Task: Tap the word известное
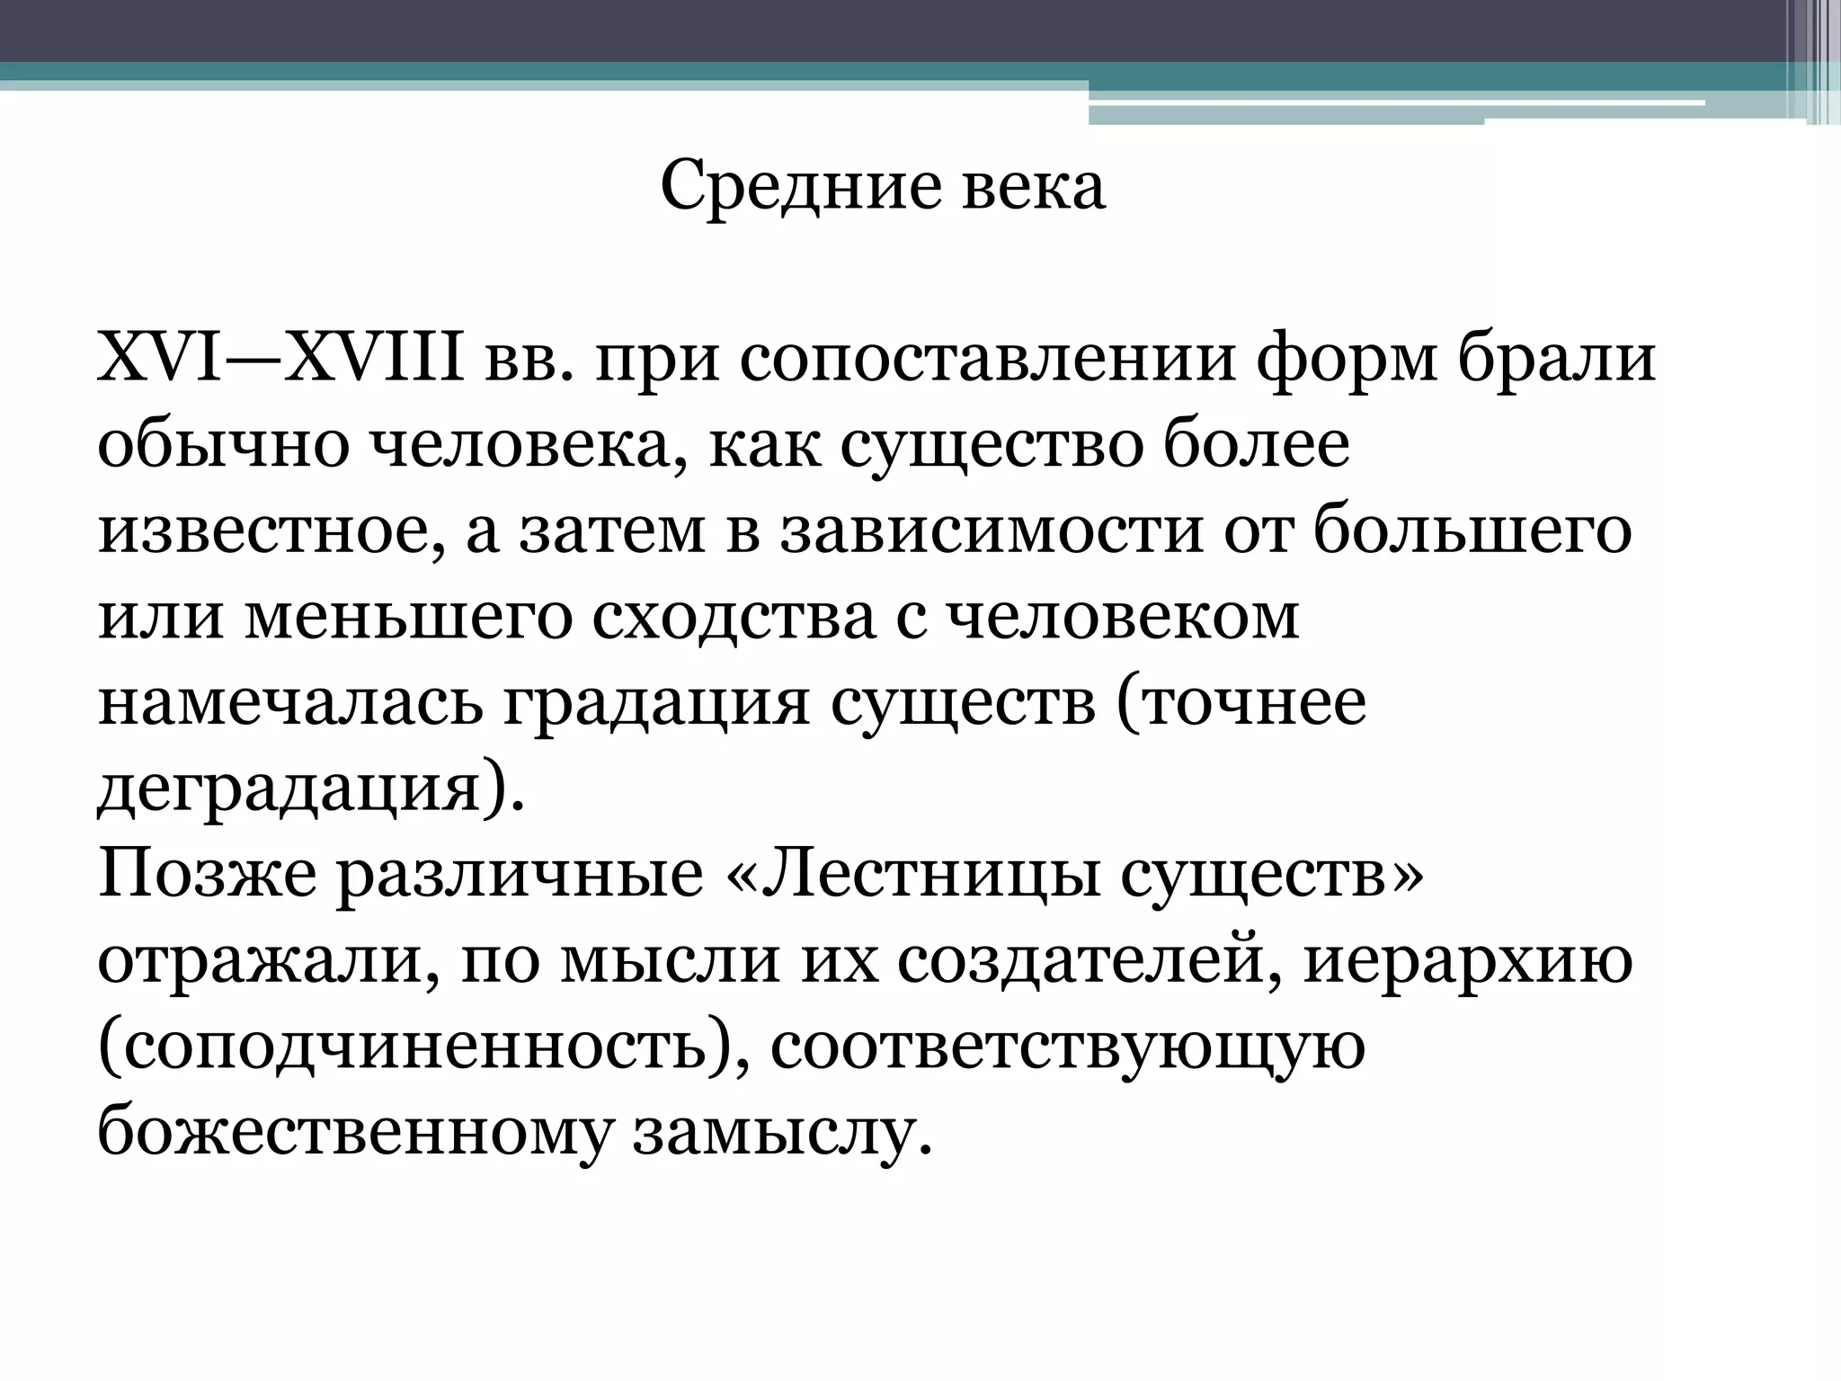(x=270, y=530)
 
